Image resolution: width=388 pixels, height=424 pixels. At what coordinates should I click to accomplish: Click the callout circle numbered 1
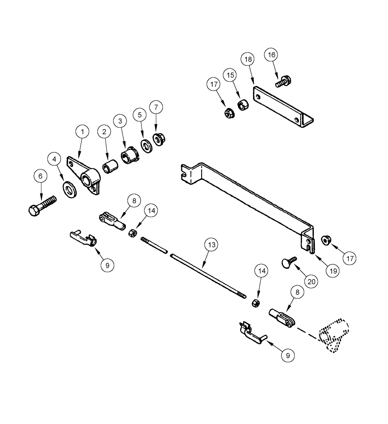tap(83, 132)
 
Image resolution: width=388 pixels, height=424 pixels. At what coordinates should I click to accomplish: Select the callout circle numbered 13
tap(212, 245)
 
